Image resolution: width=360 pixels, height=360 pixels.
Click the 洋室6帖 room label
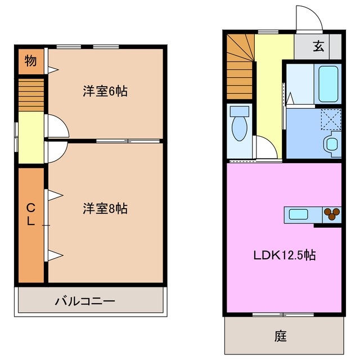(105, 91)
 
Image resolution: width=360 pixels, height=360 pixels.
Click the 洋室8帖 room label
(105, 209)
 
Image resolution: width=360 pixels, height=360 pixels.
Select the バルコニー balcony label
(85, 301)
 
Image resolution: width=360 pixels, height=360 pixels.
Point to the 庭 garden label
(281, 336)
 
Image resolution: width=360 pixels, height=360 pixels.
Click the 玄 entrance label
(319, 47)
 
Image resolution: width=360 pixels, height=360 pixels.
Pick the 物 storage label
(31, 61)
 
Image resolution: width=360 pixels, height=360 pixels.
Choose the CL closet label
(30, 214)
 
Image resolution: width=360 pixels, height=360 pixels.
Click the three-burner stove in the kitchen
(332, 214)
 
